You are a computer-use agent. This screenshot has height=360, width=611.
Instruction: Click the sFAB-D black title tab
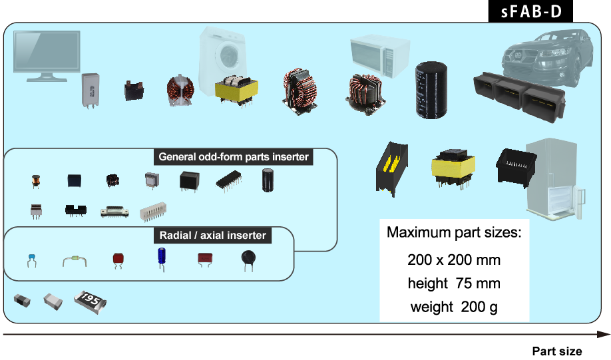[530, 12]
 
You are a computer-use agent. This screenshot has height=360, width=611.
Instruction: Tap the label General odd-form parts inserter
[234, 158]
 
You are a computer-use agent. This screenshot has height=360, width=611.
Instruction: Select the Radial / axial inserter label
[213, 236]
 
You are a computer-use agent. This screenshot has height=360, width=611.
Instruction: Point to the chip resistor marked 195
[91, 301]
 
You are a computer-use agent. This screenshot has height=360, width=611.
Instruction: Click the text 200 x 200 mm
[453, 260]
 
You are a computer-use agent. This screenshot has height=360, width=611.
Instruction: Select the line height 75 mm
[453, 283]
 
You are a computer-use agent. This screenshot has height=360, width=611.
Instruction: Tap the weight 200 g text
[453, 307]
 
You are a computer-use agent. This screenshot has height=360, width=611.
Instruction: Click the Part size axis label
[556, 351]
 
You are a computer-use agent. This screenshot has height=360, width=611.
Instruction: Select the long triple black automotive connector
[518, 92]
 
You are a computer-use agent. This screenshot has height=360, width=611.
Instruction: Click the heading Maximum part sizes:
[453, 234]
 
